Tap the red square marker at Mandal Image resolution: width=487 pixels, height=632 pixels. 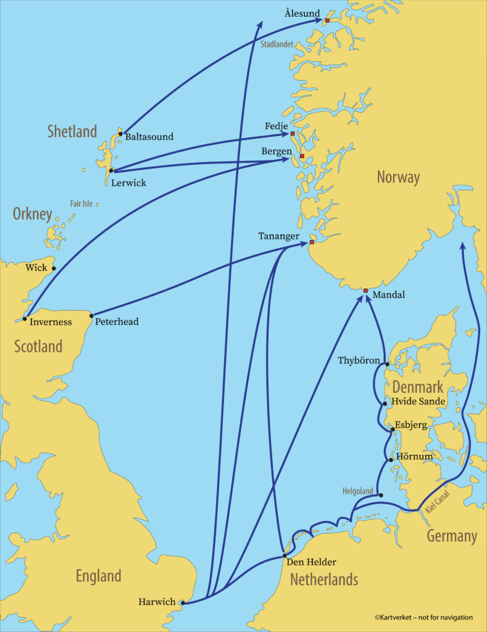(365, 290)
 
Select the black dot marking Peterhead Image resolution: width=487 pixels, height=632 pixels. (91, 316)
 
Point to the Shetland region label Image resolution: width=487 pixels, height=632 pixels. (72, 131)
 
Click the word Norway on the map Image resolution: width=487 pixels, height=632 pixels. (398, 178)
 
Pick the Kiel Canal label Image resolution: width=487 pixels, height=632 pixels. (438, 505)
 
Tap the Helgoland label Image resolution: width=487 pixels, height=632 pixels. (358, 491)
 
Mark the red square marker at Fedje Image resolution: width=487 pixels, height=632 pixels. (293, 133)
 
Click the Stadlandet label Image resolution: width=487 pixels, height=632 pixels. (277, 44)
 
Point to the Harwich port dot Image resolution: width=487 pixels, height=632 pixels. (182, 603)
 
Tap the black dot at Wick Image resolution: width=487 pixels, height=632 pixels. (54, 268)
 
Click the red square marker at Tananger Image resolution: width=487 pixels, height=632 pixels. (311, 242)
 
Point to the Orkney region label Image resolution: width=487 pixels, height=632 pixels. (32, 214)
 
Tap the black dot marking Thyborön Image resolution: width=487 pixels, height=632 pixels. (387, 364)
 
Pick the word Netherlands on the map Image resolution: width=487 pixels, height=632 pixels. (324, 580)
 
